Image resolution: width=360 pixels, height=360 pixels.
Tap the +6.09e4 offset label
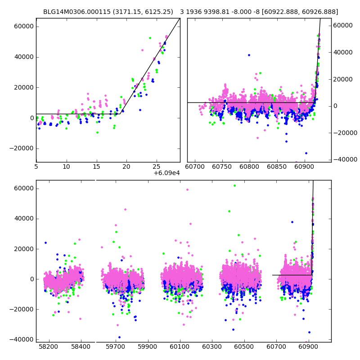click(166, 173)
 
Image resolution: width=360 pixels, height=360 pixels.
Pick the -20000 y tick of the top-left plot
click(21, 148)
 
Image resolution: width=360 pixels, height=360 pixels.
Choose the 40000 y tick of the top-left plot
click(22, 57)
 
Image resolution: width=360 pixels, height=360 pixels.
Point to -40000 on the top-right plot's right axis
click(346, 159)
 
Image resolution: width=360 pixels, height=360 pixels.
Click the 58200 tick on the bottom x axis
click(49, 347)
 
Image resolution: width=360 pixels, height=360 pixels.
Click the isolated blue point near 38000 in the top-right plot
click(249, 55)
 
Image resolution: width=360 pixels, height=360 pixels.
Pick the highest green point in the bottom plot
click(234, 185)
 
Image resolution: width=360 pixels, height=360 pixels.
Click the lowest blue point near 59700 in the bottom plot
click(119, 337)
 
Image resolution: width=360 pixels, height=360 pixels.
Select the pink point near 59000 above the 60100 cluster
click(187, 189)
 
